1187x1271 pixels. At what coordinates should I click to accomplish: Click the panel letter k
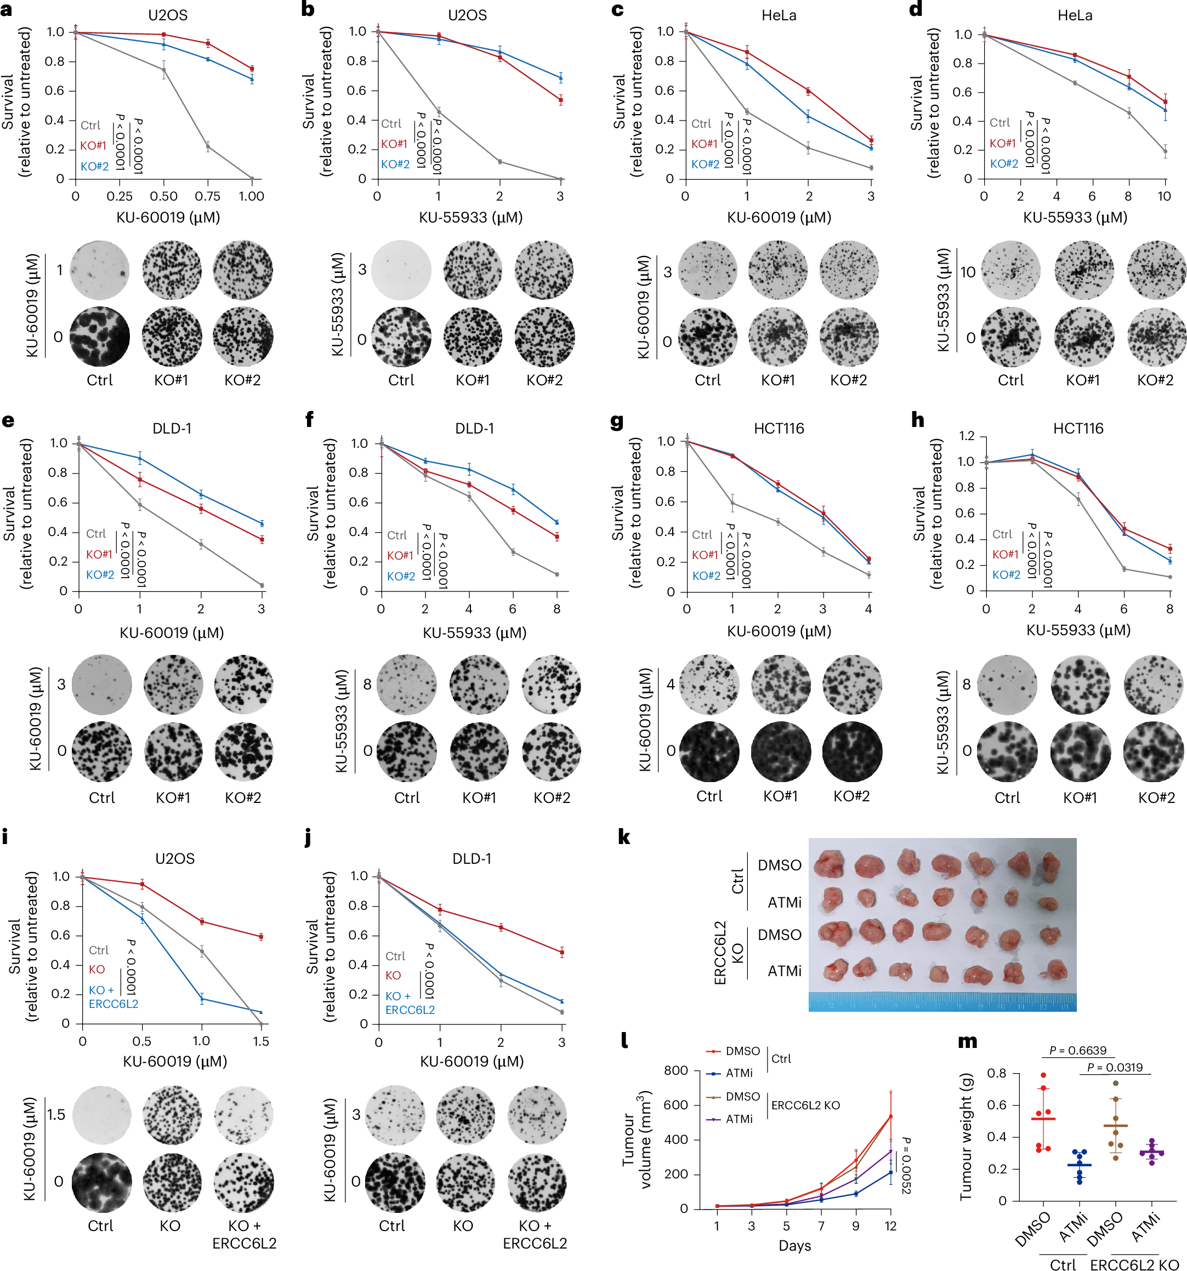pyautogui.click(x=624, y=837)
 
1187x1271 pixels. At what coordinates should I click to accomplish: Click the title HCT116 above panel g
pyautogui.click(x=779, y=429)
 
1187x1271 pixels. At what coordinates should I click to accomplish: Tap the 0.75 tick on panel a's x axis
pyautogui.click(x=207, y=196)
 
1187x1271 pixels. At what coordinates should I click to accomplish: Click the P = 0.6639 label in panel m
pyautogui.click(x=1078, y=1051)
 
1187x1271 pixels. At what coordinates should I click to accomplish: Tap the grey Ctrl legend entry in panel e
pyautogui.click(x=96, y=533)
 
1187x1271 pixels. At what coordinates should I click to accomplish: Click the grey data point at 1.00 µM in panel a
pyautogui.click(x=251, y=178)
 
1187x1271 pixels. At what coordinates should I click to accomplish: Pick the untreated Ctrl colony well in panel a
pyautogui.click(x=100, y=337)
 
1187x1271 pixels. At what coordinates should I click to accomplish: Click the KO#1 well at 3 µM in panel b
pyautogui.click(x=473, y=270)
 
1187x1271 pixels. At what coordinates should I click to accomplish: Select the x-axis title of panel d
pyautogui.click(x=1075, y=218)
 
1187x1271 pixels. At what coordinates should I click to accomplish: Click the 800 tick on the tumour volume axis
pyautogui.click(x=675, y=1070)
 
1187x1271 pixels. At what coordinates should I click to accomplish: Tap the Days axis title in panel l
pyautogui.click(x=794, y=1245)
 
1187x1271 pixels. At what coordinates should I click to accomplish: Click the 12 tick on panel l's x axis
pyautogui.click(x=890, y=1226)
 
